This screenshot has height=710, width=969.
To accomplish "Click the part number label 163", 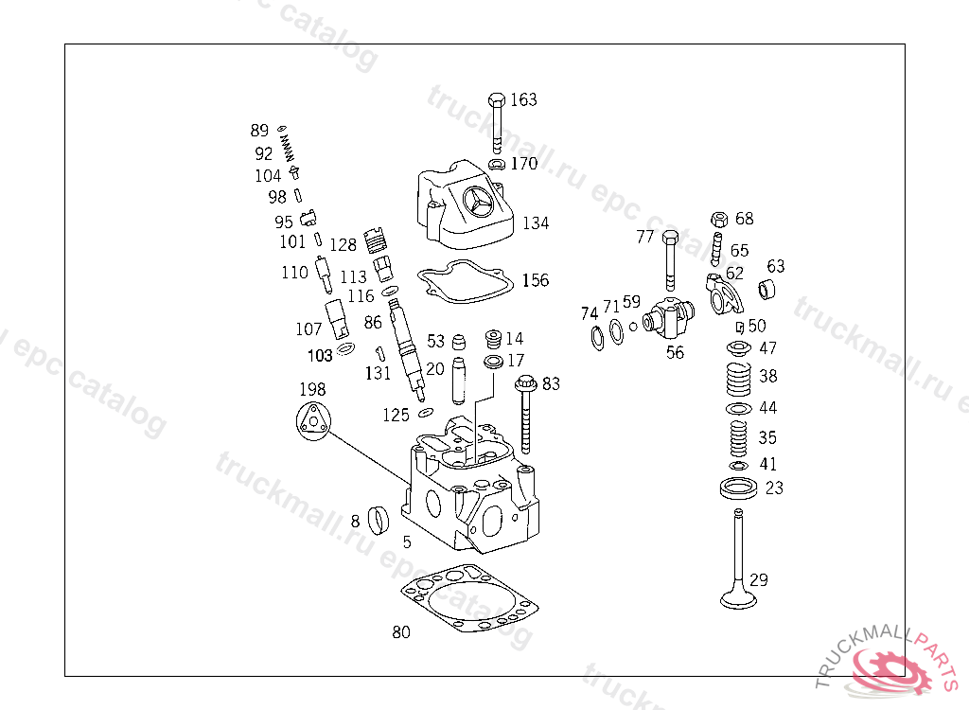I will click(523, 99).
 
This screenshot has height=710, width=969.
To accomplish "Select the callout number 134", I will click(535, 223).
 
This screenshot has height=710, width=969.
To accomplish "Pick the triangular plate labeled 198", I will click(311, 420).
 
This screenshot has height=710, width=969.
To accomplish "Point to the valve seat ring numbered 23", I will click(738, 489).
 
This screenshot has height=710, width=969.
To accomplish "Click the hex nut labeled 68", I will click(718, 220).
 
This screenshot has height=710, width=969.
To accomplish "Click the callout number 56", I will click(675, 353).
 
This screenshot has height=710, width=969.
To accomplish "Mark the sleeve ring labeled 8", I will click(379, 519).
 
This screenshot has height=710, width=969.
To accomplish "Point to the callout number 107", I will click(308, 329).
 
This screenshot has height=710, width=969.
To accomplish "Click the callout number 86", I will click(373, 323).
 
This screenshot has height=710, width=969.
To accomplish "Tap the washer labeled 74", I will click(598, 337).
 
